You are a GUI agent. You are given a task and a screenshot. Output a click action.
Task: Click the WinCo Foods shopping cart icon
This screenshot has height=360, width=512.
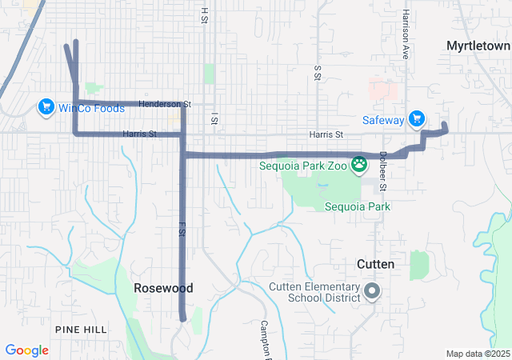click(45, 106)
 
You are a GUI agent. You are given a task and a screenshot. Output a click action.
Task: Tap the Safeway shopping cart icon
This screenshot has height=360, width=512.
click(416, 119)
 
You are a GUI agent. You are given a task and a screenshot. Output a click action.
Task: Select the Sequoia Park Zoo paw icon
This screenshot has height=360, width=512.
click(360, 166)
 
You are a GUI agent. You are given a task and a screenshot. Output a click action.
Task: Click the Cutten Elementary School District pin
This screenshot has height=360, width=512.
click(372, 292)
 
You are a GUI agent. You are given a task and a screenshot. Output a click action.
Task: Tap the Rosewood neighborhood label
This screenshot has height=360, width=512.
click(163, 288)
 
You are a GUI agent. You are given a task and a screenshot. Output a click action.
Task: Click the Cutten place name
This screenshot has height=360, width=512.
click(375, 263)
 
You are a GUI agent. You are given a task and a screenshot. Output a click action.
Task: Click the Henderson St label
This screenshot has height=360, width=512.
click(165, 104)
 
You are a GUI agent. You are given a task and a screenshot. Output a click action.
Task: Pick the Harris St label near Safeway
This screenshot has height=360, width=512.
click(326, 134)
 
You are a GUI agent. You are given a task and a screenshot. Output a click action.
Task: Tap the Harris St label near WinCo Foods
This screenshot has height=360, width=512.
click(139, 134)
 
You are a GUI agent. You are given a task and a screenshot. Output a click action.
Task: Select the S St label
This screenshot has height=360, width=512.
click(318, 74)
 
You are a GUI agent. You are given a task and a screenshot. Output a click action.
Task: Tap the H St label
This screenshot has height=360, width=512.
click(205, 14)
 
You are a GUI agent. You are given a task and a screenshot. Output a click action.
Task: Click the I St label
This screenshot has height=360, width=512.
click(214, 119)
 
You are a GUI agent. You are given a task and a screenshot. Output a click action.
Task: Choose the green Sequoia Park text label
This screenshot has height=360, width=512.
click(357, 206)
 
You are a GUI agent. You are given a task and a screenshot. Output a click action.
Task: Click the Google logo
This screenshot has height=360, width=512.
click(26, 350)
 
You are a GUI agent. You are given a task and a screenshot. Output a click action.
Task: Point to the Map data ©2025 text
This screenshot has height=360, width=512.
click(478, 354)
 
